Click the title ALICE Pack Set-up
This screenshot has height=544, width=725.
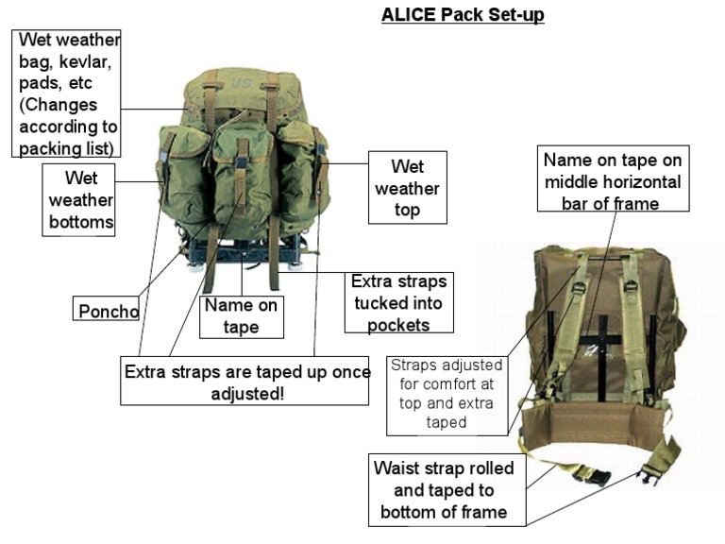coord(463,15)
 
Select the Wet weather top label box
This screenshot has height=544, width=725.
coord(407,188)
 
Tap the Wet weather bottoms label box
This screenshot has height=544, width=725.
coord(78,199)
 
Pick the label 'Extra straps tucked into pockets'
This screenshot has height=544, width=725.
coord(396,303)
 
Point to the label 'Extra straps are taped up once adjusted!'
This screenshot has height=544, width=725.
coord(244,382)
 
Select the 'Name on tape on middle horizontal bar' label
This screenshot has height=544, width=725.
coord(612,179)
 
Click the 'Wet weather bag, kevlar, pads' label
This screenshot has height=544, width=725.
coord(69,92)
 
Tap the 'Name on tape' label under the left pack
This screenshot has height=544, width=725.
coord(242,316)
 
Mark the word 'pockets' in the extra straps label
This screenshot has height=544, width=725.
coord(396,325)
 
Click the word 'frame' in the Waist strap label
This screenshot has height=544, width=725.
coord(482,513)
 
